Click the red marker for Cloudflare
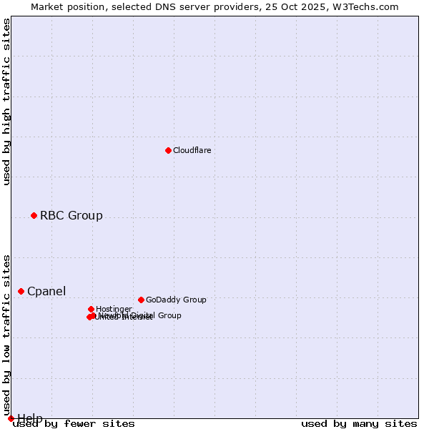click(168, 150)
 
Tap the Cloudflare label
click(192, 150)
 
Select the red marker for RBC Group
click(34, 215)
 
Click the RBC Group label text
click(71, 215)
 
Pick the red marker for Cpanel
click(21, 291)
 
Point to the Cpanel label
click(46, 291)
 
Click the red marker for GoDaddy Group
click(141, 300)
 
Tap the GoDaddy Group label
click(176, 300)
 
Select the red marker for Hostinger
click(91, 309)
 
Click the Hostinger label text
click(114, 309)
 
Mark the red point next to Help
click(11, 418)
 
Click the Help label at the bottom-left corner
click(30, 418)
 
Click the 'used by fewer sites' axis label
click(74, 424)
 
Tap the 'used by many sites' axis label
click(359, 424)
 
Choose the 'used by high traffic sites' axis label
click(7, 102)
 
